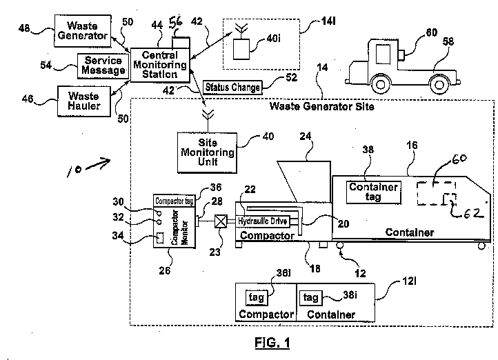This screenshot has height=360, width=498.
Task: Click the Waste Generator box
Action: pos(82,31)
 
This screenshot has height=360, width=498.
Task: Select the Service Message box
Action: pos(101,66)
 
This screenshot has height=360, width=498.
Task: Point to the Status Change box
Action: pos(232,88)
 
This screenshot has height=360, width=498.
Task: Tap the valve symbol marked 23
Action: pos(221,222)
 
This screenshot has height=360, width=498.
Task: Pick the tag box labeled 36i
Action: pos(254,297)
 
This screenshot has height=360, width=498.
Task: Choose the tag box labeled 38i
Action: pos(311,297)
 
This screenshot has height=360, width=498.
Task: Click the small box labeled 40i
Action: pos(241,48)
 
